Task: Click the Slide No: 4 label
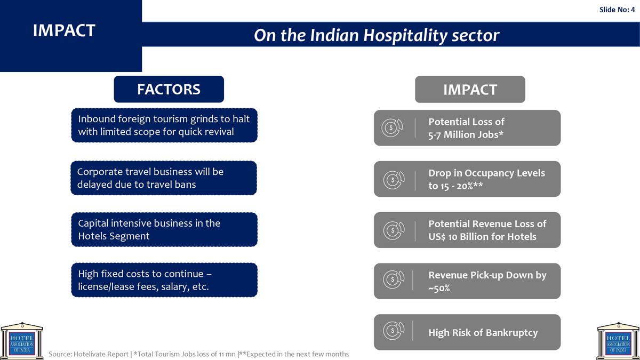click(617, 10)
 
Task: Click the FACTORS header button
click(169, 89)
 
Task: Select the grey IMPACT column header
click(470, 90)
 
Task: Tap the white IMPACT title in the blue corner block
click(64, 30)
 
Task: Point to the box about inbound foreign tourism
click(164, 125)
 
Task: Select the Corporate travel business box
click(164, 178)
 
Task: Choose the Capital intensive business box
click(164, 229)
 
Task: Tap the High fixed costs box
click(164, 280)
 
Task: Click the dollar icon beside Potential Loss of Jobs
click(392, 127)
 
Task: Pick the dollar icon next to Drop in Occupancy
click(394, 180)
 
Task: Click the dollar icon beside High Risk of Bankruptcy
click(394, 331)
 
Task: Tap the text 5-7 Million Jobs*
click(466, 134)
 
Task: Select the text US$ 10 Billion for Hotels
click(482, 237)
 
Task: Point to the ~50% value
click(439, 288)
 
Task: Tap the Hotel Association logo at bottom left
click(22, 341)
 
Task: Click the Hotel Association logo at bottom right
click(618, 341)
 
